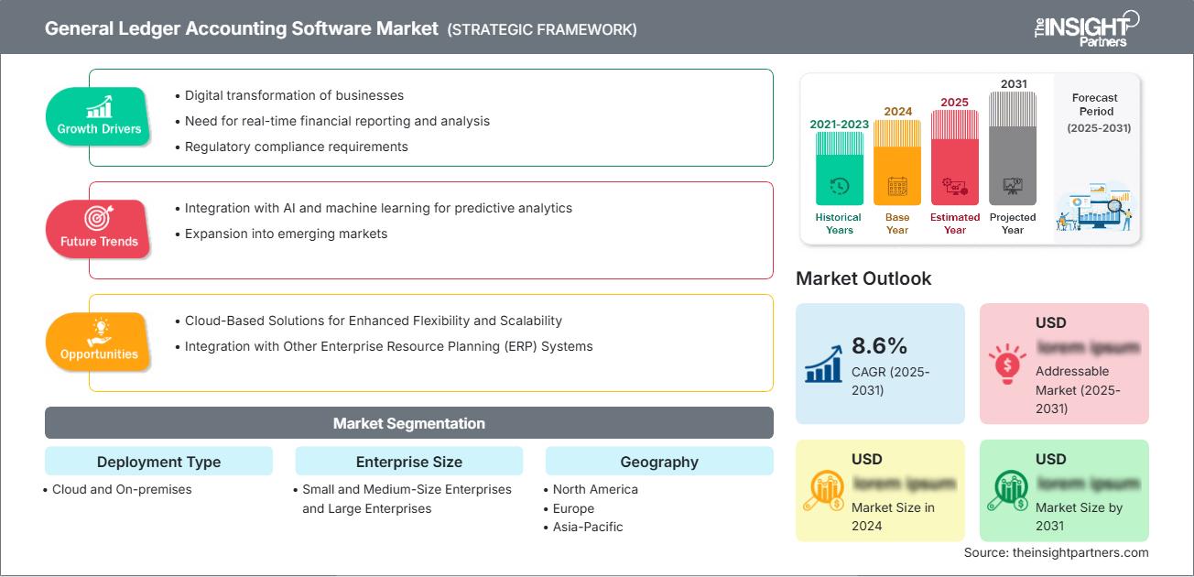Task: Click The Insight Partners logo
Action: (x=1087, y=27)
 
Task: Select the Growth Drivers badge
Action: (x=99, y=117)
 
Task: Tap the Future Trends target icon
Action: (x=98, y=218)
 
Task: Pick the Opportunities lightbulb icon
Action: (x=99, y=331)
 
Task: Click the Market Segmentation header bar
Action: (x=408, y=423)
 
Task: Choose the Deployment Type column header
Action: (x=158, y=462)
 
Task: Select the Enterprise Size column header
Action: (x=408, y=462)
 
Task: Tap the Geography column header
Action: (x=658, y=462)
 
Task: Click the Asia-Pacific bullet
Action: (x=588, y=527)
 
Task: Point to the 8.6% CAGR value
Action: (x=879, y=345)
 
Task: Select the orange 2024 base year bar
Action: (x=897, y=162)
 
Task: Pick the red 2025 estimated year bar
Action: (x=955, y=157)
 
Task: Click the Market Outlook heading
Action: (x=863, y=278)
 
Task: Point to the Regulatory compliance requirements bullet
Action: (x=296, y=147)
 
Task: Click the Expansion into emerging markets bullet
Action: (x=286, y=234)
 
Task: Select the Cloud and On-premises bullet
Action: (x=122, y=489)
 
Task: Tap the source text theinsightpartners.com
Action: (x=1056, y=552)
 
